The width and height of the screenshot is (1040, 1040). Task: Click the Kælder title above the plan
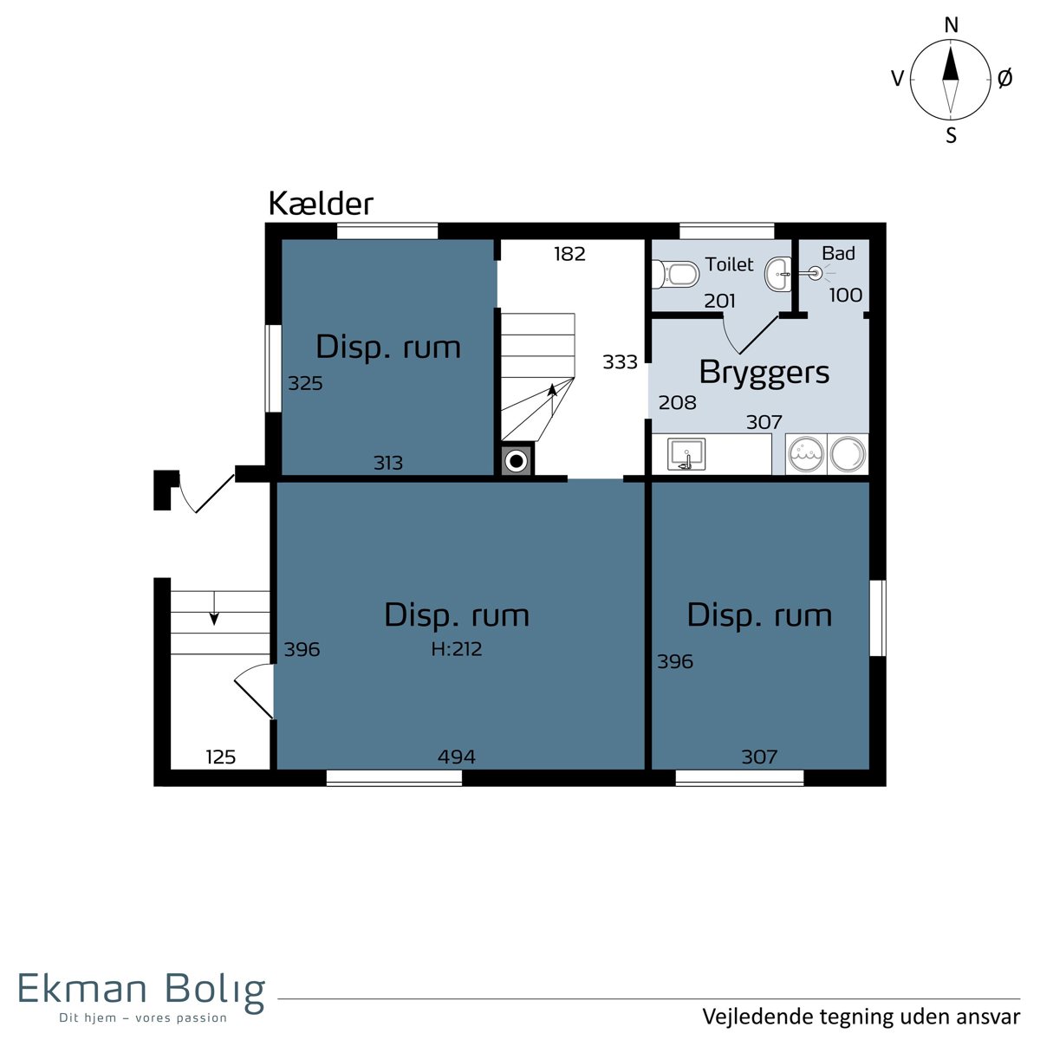[321, 204]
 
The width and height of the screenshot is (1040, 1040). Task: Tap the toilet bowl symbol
[676, 274]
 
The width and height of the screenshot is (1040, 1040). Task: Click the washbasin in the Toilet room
[778, 274]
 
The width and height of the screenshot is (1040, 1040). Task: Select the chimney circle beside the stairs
[517, 461]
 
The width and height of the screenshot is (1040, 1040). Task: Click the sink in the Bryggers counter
[686, 454]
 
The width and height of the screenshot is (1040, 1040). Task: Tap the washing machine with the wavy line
[806, 454]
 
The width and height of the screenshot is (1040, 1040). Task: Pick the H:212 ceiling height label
[457, 649]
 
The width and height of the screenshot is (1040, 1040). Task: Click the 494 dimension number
[457, 757]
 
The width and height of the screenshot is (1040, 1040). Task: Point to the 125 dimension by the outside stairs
[221, 757]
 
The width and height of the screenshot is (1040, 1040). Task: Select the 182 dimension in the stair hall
[570, 254]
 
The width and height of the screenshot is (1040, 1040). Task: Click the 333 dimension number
[621, 361]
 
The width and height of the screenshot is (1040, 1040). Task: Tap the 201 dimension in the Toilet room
[720, 301]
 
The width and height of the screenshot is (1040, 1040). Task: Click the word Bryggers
[764, 374]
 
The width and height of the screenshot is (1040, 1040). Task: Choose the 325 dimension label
[305, 383]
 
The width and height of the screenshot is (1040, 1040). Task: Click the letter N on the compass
[952, 25]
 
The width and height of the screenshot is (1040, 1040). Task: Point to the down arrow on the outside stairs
[214, 608]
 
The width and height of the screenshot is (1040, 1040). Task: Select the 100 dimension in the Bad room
[846, 296]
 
